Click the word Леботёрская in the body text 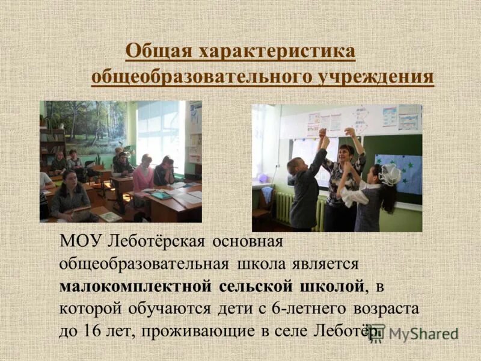[159, 242]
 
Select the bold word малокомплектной [135, 286]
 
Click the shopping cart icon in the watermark [377, 333]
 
